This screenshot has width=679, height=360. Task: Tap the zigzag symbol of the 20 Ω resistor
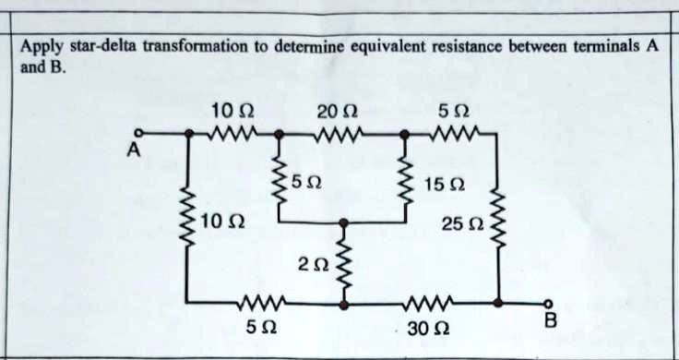click(x=340, y=134)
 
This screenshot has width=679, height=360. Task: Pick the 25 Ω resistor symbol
click(x=498, y=216)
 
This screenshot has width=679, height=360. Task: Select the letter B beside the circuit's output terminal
click(x=551, y=320)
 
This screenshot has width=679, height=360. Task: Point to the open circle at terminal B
click(x=548, y=302)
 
